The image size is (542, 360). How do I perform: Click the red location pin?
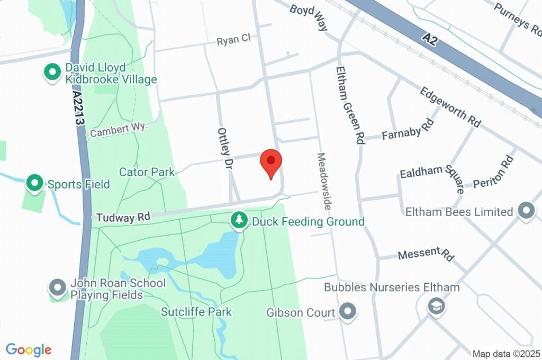[272, 161]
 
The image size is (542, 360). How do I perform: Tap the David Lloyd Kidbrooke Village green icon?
[52, 73]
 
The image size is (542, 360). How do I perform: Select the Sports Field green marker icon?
[35, 184]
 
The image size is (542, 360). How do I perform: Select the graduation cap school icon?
[437, 306]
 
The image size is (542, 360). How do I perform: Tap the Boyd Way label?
[309, 16]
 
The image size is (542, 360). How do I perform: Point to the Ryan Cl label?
[233, 40]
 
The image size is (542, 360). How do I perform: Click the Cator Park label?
[147, 172]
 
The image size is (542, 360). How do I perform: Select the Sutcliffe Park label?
[197, 311]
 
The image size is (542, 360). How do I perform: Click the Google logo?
[29, 349]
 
